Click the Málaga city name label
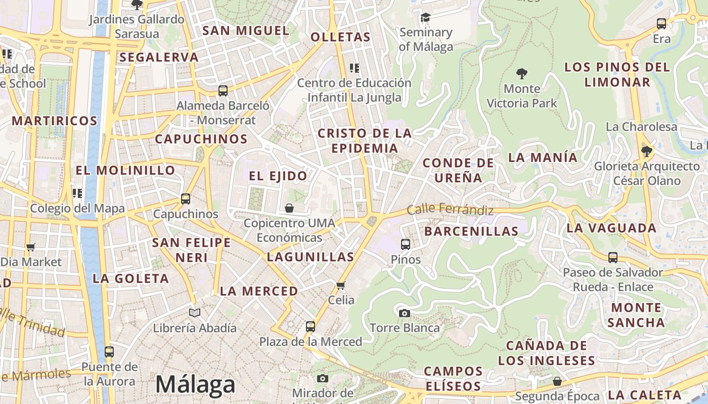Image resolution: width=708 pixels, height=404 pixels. [x=195, y=384]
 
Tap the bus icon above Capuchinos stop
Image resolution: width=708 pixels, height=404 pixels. [x=186, y=199]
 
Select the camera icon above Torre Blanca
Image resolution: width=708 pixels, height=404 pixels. [x=404, y=313]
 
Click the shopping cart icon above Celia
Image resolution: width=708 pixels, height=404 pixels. [x=341, y=285]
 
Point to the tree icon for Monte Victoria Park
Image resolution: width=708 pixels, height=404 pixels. [x=521, y=74]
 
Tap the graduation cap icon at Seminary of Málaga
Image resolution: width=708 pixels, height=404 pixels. [x=425, y=18]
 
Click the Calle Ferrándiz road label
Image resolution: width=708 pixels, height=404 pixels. [x=450, y=209]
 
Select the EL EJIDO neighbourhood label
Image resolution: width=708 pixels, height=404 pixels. [x=278, y=176]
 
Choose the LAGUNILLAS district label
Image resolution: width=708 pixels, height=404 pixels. [x=311, y=257]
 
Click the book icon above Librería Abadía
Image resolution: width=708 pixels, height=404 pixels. [x=195, y=313]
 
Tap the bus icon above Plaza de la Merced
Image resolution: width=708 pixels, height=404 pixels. [x=311, y=327]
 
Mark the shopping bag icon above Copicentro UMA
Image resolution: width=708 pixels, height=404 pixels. [x=289, y=208]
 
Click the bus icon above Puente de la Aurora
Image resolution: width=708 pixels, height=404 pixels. [x=109, y=352]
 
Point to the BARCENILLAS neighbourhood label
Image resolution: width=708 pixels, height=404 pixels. [x=471, y=231]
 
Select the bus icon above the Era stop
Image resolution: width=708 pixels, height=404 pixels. [x=661, y=23]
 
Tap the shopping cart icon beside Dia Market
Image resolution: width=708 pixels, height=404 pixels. [x=31, y=247]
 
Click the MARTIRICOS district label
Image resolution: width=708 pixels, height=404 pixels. [x=54, y=121]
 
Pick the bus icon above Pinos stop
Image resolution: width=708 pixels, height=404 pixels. [x=406, y=244]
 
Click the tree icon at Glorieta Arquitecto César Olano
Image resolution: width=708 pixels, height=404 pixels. [x=646, y=151]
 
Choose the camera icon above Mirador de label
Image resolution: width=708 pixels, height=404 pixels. [x=323, y=378]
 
